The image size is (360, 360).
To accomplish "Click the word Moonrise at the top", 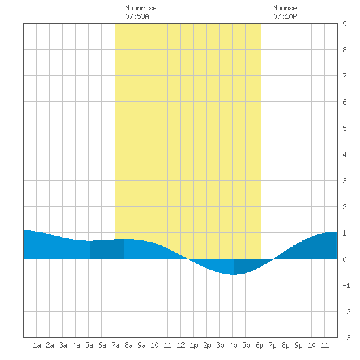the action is [141, 8].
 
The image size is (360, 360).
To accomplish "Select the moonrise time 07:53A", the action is [137, 16].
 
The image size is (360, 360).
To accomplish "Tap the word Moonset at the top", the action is [287, 8].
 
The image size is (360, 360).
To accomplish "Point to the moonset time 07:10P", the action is [285, 16].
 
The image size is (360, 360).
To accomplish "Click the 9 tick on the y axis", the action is [344, 24].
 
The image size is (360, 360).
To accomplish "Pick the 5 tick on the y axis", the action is [344, 128].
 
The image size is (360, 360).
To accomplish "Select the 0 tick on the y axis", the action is [344, 259].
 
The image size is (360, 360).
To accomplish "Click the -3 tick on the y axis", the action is [346, 338].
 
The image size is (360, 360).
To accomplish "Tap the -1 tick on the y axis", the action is [346, 285].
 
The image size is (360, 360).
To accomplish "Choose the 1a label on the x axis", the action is [37, 345].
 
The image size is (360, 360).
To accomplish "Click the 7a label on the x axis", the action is [115, 345].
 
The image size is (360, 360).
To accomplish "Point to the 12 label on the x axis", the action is [181, 345].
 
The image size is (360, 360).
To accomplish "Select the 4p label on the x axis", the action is [233, 345].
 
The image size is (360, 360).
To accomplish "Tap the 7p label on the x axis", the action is [272, 345].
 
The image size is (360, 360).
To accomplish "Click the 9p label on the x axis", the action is [298, 345].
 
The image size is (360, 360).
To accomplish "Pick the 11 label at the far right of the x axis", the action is [325, 345].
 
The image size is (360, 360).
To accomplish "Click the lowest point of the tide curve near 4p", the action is [233, 274].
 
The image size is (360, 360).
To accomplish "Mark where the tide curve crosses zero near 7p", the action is [273, 259].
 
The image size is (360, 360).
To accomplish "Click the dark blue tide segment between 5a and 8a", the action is [107, 249].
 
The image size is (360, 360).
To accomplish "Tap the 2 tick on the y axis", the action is [344, 207].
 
